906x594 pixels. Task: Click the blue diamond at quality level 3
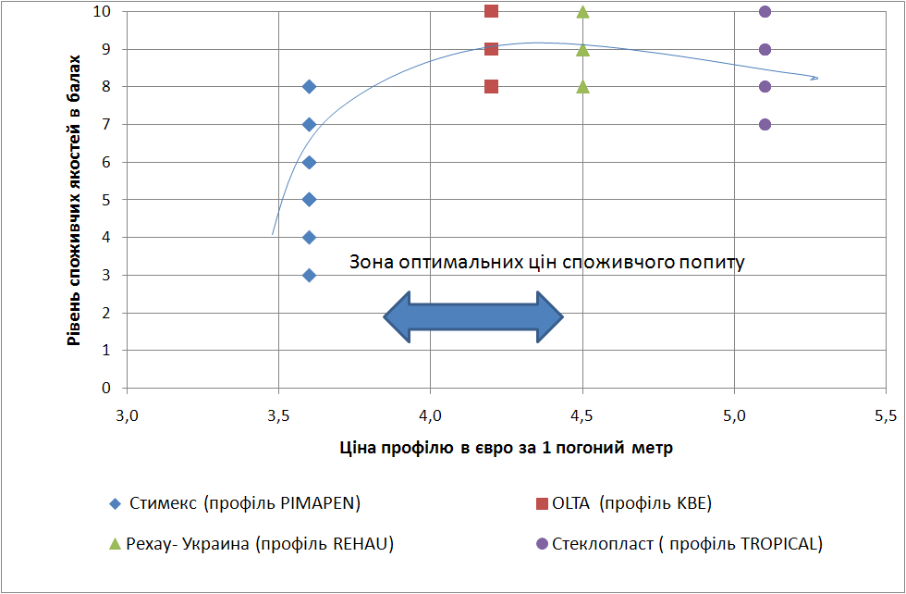pos(309,275)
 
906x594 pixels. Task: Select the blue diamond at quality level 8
pos(309,87)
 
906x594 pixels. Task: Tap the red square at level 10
pos(491,11)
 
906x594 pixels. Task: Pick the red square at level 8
pos(491,87)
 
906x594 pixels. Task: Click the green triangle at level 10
pos(582,12)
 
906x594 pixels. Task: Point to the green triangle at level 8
pos(582,87)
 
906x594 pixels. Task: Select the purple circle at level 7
pos(765,124)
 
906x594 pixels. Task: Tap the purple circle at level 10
pos(765,11)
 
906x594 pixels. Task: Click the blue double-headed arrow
pos(473,317)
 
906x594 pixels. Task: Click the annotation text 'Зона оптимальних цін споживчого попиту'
pos(546,262)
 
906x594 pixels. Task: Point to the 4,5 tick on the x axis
pos(582,411)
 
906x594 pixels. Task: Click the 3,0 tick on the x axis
pos(127,411)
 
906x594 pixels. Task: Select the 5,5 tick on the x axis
pos(886,411)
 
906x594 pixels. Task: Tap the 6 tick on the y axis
pos(107,162)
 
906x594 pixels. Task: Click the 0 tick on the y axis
pos(107,388)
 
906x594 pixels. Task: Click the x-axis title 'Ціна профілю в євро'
pos(506,448)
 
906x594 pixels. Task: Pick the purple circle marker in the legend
pos(542,544)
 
